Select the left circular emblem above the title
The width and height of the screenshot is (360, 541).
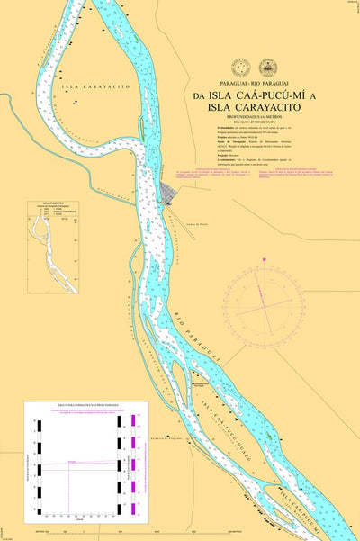240,67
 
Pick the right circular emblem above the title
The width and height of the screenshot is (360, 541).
267,67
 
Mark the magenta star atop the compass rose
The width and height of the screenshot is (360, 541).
265,261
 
